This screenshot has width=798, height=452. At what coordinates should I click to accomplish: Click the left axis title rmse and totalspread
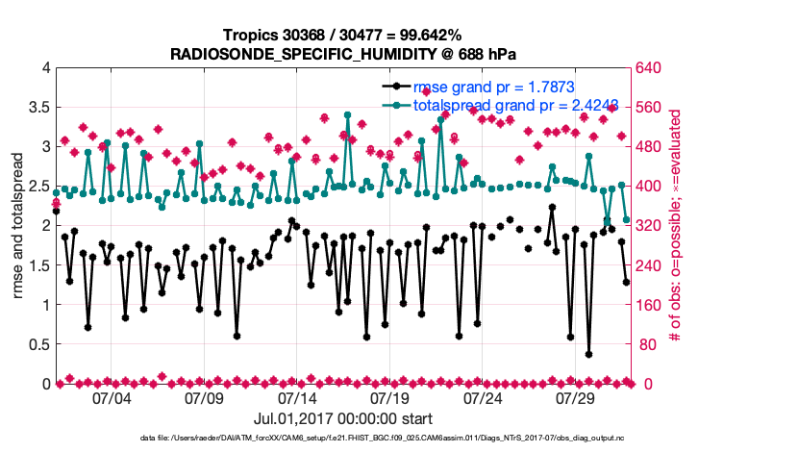(x=18, y=226)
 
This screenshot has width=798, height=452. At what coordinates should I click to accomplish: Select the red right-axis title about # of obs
(x=676, y=226)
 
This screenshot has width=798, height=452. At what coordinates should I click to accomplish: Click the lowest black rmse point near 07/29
(x=588, y=354)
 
